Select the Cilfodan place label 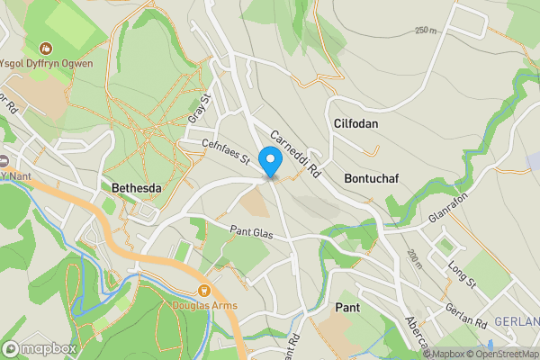(x=355, y=123)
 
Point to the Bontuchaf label (x=371, y=178)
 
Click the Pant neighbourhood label (x=347, y=308)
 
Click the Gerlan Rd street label (x=465, y=314)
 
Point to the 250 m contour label (x=426, y=30)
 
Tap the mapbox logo (x=39, y=348)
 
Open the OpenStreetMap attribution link (x=499, y=354)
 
